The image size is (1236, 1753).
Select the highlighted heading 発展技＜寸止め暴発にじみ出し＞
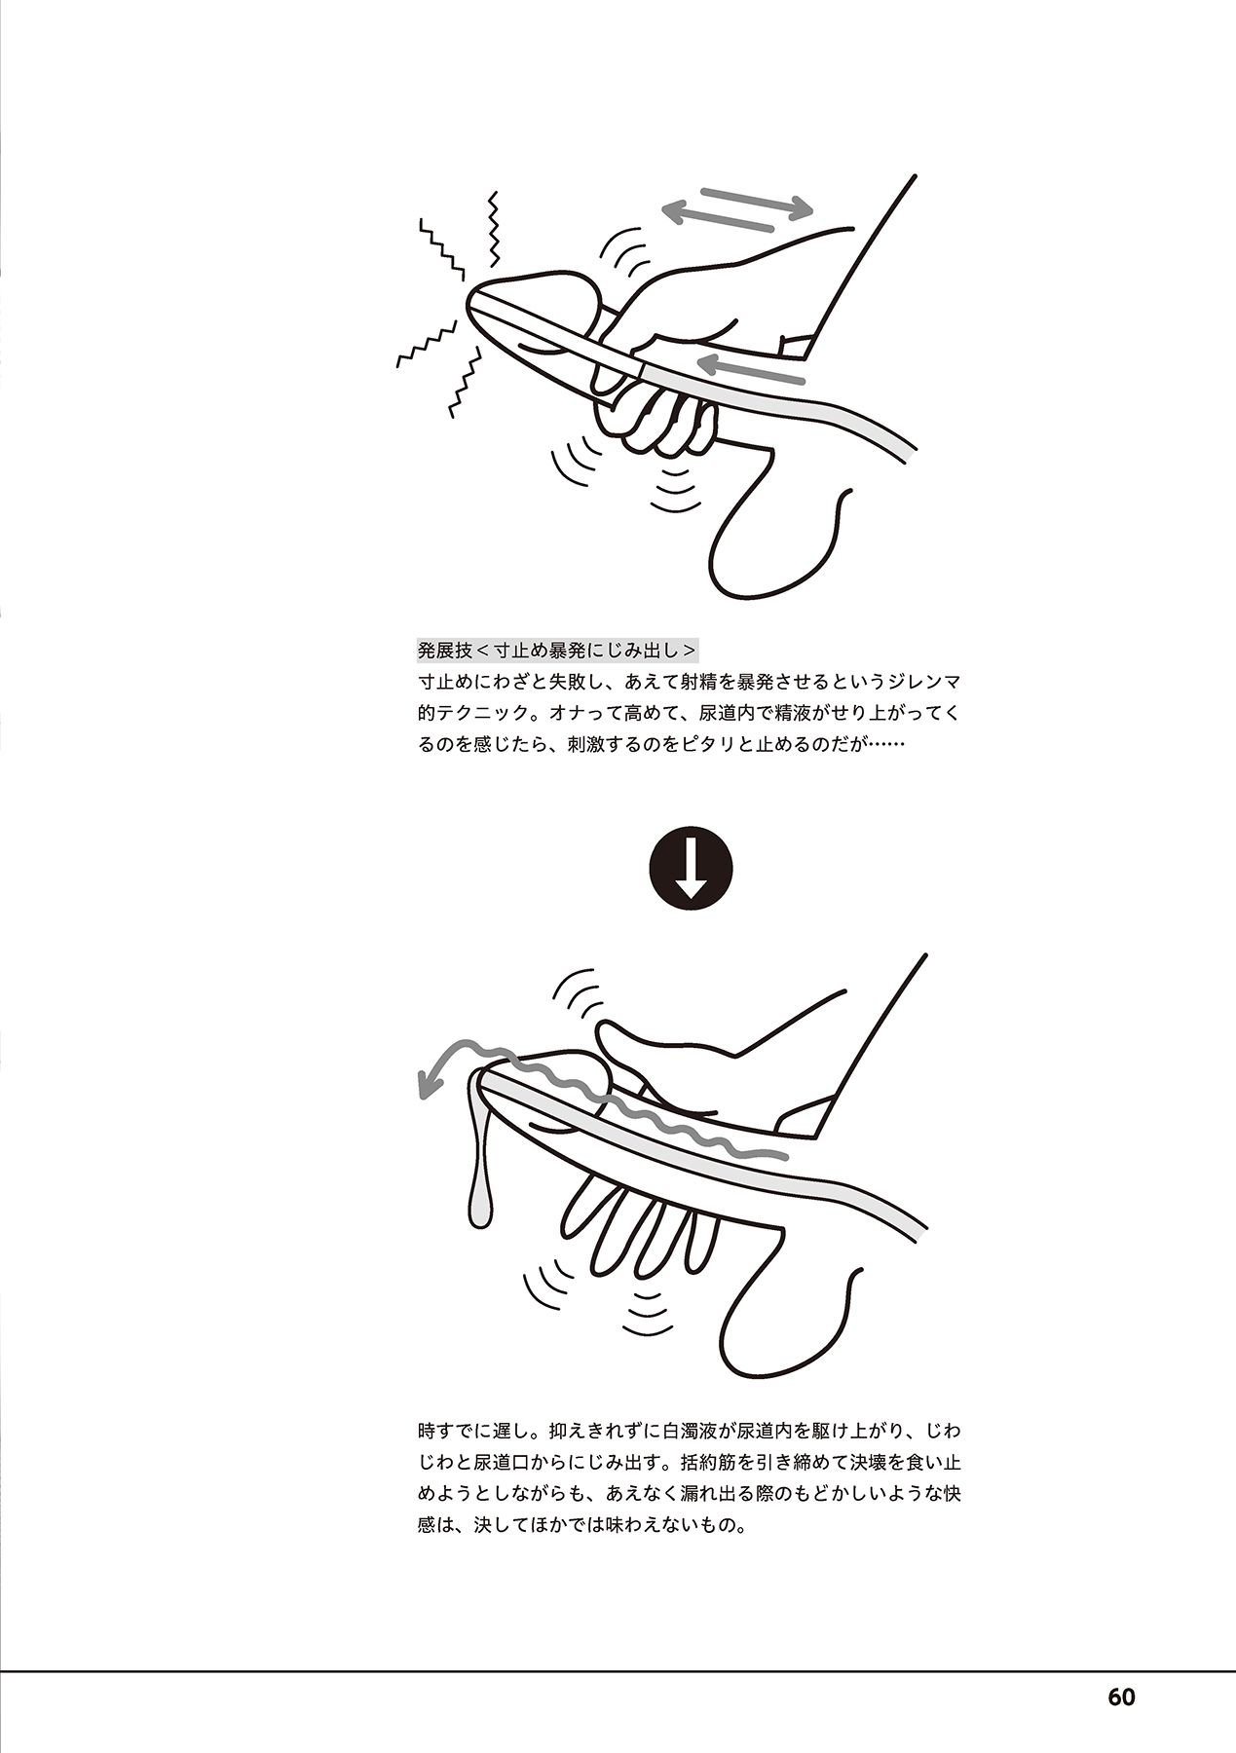pyautogui.click(x=557, y=651)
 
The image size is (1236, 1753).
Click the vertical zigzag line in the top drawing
pyautogui.click(x=494, y=229)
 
